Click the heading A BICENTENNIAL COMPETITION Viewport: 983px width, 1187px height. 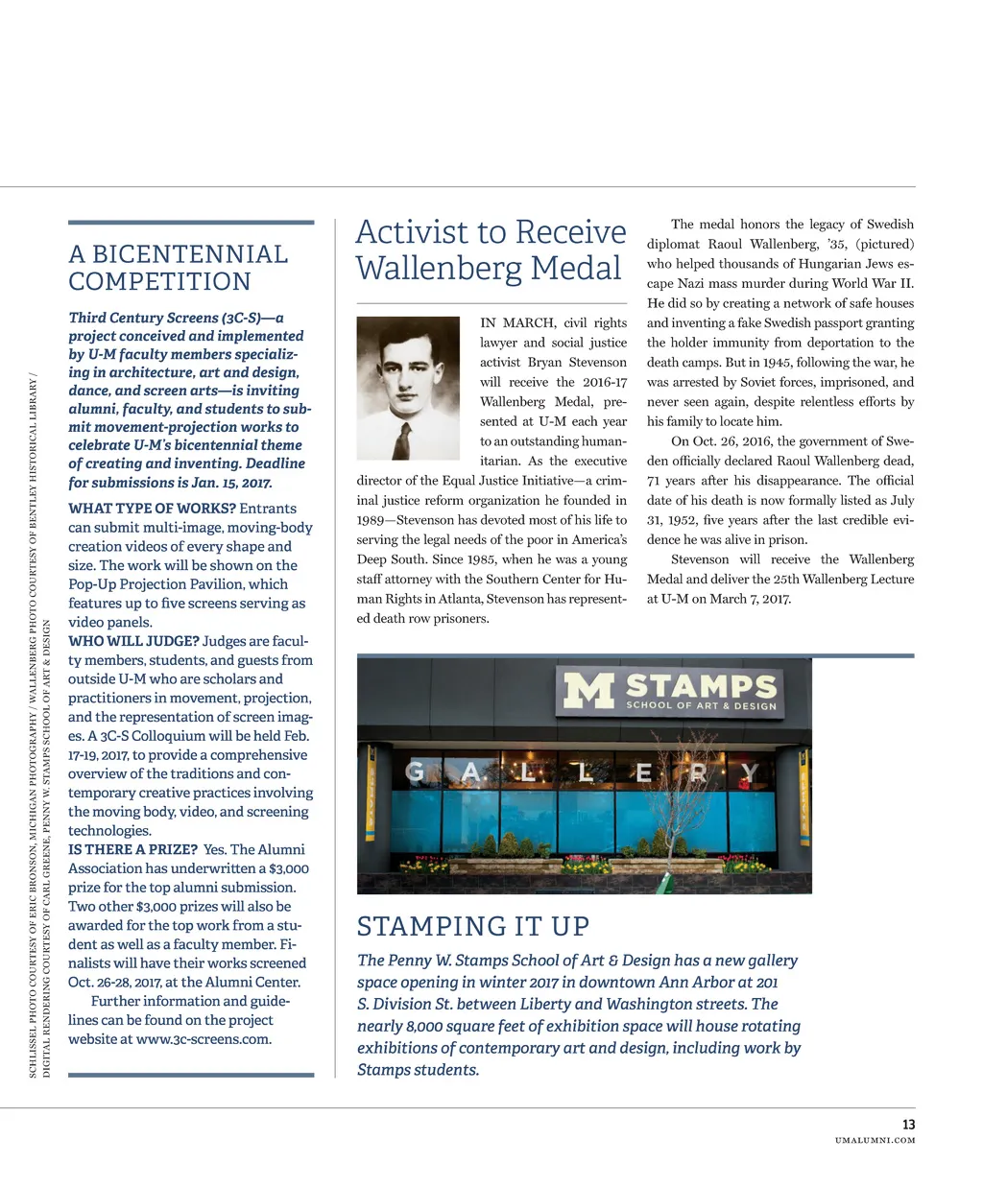coord(179,268)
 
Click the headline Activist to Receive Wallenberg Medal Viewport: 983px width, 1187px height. coord(491,249)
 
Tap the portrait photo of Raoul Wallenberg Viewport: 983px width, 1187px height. coord(408,388)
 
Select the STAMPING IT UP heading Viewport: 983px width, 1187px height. coord(473,926)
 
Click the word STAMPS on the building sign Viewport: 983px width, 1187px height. coord(702,685)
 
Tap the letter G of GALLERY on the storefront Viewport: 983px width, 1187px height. coord(415,771)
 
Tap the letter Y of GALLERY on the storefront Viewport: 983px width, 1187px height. coord(749,772)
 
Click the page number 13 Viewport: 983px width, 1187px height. coord(908,1124)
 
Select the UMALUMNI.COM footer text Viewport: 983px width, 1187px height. coord(875,1140)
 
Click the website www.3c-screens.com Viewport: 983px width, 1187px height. coord(204,1039)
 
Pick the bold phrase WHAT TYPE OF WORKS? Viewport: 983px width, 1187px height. coord(152,509)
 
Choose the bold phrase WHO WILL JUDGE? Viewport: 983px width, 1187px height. coord(133,641)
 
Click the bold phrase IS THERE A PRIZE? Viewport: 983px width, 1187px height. coord(132,849)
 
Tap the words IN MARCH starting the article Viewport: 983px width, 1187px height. coord(517,322)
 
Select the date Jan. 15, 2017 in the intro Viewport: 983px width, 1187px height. coord(229,483)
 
